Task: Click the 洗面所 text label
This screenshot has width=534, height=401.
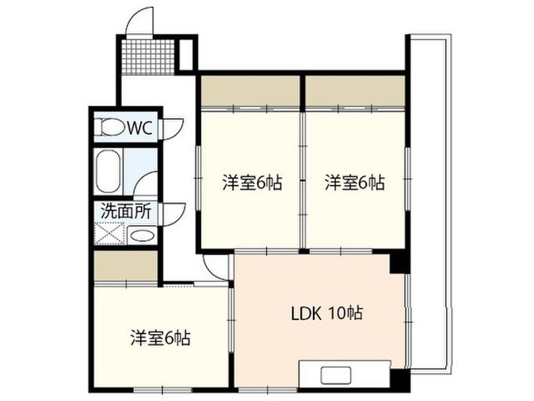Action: click(x=126, y=211)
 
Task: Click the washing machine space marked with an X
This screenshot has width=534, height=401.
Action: click(x=110, y=233)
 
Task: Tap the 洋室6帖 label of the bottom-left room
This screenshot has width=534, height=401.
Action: click(x=160, y=338)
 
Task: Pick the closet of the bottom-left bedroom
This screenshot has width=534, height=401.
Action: click(x=126, y=266)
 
